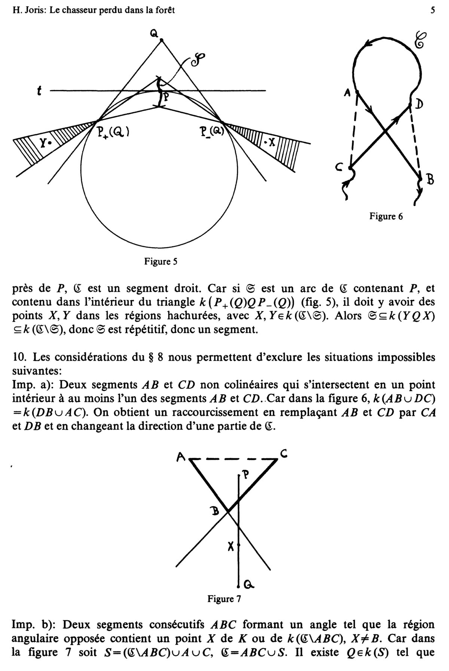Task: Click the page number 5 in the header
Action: (433, 10)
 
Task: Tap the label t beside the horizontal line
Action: (39, 91)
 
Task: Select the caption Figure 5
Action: (161, 262)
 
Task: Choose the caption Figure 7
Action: (224, 599)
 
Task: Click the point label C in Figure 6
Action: (339, 169)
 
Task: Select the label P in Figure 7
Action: (246, 475)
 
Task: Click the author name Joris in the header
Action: (36, 10)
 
